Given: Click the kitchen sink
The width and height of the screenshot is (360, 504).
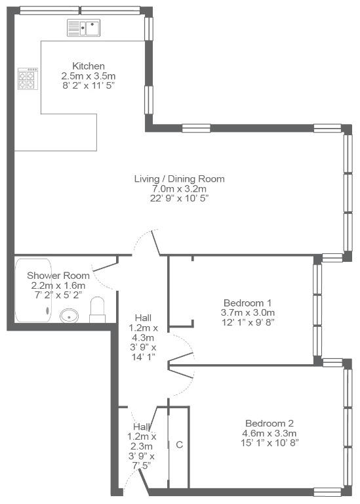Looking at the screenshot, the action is tap(83, 28).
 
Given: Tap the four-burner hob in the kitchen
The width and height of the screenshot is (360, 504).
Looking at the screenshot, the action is tap(28, 79).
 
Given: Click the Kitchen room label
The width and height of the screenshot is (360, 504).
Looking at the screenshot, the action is tap(89, 66).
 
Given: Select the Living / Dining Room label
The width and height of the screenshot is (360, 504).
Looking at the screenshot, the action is tap(179, 178).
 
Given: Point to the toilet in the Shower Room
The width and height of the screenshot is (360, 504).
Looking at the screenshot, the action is tap(97, 310).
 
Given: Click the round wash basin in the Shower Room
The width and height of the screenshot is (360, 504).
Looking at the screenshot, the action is tap(69, 316).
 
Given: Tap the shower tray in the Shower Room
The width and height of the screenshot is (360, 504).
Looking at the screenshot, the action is tap(33, 290).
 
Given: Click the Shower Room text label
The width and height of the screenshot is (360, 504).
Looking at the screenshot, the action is tap(58, 276).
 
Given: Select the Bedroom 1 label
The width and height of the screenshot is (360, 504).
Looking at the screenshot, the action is tap(247, 303).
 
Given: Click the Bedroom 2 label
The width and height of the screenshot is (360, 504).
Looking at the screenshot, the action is tap(270, 423).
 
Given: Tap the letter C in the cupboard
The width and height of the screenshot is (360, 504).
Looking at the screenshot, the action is tap(180, 444).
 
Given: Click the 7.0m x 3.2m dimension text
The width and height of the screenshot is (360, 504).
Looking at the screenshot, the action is tap(179, 188).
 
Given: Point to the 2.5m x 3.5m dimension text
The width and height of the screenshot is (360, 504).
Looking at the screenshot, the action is tap(89, 76).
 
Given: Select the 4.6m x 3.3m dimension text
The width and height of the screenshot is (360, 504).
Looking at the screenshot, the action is tap(270, 433).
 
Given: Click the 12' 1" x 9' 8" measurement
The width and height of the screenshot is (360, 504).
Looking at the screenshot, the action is tap(247, 322).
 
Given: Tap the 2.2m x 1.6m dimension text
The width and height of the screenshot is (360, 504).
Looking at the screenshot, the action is tap(58, 285).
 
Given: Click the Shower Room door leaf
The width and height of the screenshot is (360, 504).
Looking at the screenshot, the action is tap(105, 266).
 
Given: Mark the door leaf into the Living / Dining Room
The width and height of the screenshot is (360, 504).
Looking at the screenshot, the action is tap(156, 243).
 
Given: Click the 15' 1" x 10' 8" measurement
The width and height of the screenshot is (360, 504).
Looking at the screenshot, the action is tap(270, 442).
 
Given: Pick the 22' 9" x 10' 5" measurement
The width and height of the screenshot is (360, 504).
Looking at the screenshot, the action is tap(179, 198).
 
